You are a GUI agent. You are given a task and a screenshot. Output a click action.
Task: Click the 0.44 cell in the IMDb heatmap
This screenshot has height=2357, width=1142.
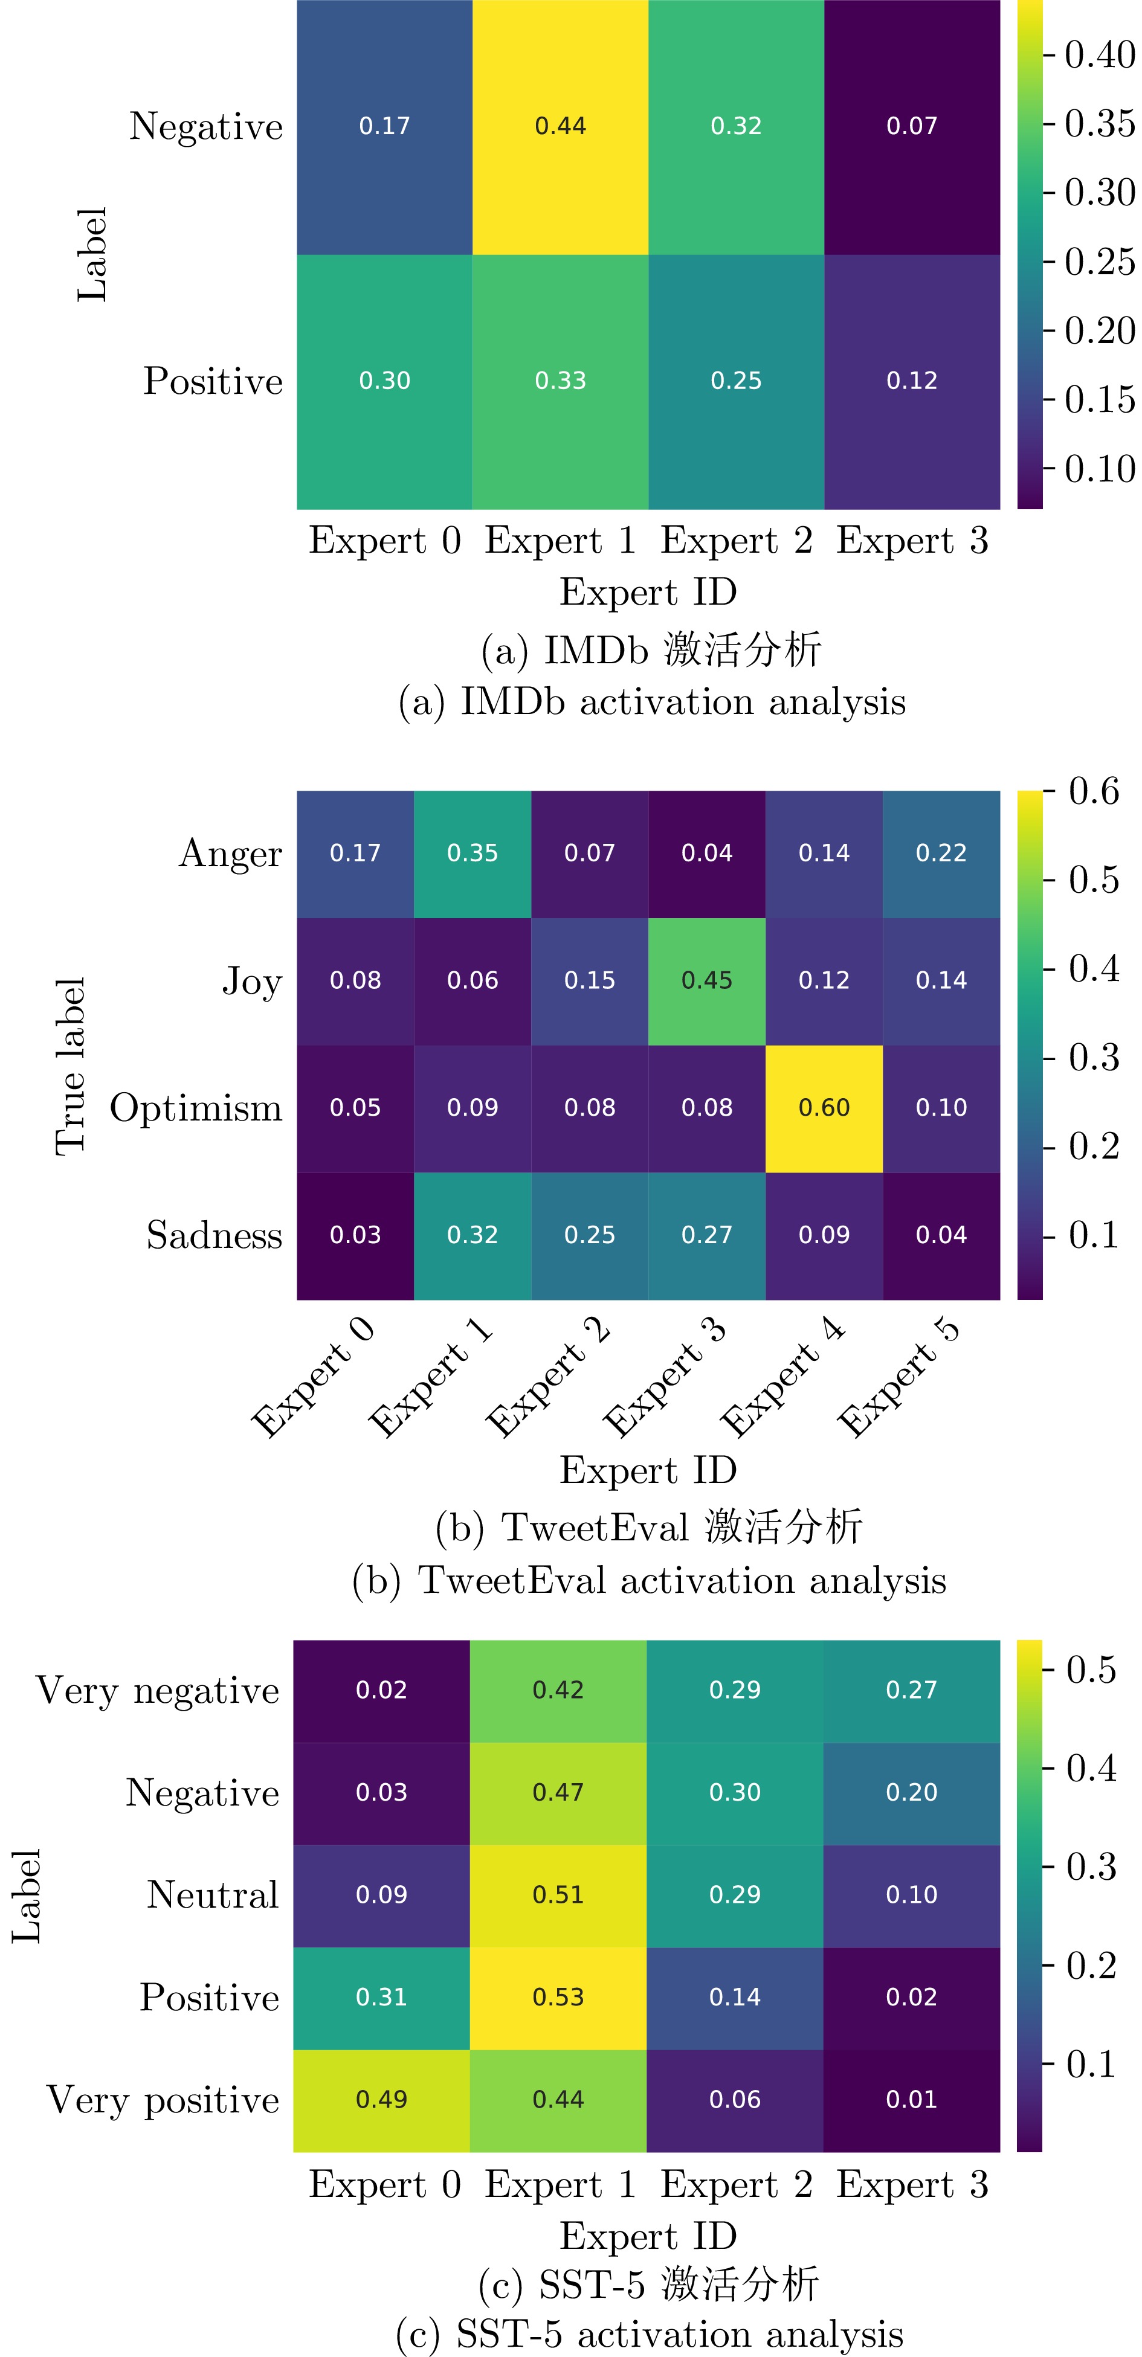[x=560, y=126]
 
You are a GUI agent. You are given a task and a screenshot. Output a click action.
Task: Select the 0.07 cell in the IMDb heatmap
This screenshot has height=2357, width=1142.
[x=911, y=126]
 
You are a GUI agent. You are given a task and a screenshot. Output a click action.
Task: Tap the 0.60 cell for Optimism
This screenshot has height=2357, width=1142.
[x=824, y=1108]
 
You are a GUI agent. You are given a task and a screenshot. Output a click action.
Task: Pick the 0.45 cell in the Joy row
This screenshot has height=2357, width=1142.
[x=706, y=981]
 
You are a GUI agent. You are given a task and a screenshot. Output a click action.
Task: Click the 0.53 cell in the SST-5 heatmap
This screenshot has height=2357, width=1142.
[x=558, y=1998]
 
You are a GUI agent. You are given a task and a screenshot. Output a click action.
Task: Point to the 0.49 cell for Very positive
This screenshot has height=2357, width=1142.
[x=382, y=2100]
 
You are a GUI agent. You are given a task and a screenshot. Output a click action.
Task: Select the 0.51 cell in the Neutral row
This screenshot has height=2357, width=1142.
[x=558, y=1895]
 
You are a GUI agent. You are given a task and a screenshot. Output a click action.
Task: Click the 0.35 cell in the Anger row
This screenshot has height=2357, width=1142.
[x=472, y=854]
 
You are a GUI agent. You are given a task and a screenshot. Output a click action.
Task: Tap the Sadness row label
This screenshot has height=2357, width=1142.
[x=214, y=1236]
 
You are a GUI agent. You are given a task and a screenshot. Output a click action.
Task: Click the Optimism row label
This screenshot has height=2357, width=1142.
[x=196, y=1108]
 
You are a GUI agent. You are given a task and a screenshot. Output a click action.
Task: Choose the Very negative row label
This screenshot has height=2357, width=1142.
[x=157, y=1691]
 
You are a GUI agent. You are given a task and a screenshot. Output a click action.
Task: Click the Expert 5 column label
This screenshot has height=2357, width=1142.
[x=898, y=1378]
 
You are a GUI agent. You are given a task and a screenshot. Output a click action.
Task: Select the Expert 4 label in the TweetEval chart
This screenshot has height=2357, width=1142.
[x=782, y=1378]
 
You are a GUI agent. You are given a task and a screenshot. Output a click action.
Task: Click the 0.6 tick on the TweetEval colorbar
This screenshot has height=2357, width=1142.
[x=1094, y=791]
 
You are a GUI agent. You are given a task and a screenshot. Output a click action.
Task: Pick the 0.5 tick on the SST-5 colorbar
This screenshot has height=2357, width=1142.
[x=1092, y=1670]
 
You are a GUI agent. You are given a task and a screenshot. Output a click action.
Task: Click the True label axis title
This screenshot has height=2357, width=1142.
[x=71, y=1066]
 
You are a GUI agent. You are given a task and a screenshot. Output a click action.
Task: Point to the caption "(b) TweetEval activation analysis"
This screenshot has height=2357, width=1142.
[x=649, y=1581]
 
